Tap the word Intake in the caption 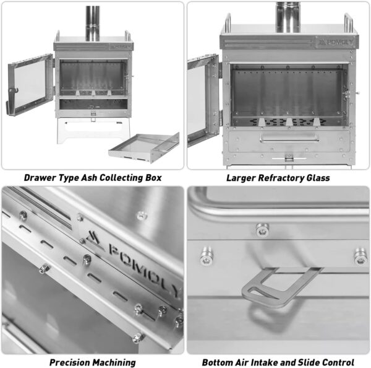click(263, 362)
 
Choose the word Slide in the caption click(309, 362)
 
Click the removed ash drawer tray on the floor click(144, 147)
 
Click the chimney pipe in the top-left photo click(93, 24)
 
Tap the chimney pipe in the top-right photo click(288, 17)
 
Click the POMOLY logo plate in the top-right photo click(336, 43)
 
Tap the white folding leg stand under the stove click(93, 131)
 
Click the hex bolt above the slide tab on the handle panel click(262, 230)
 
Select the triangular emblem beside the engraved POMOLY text click(93, 240)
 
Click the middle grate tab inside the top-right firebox click(289, 122)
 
